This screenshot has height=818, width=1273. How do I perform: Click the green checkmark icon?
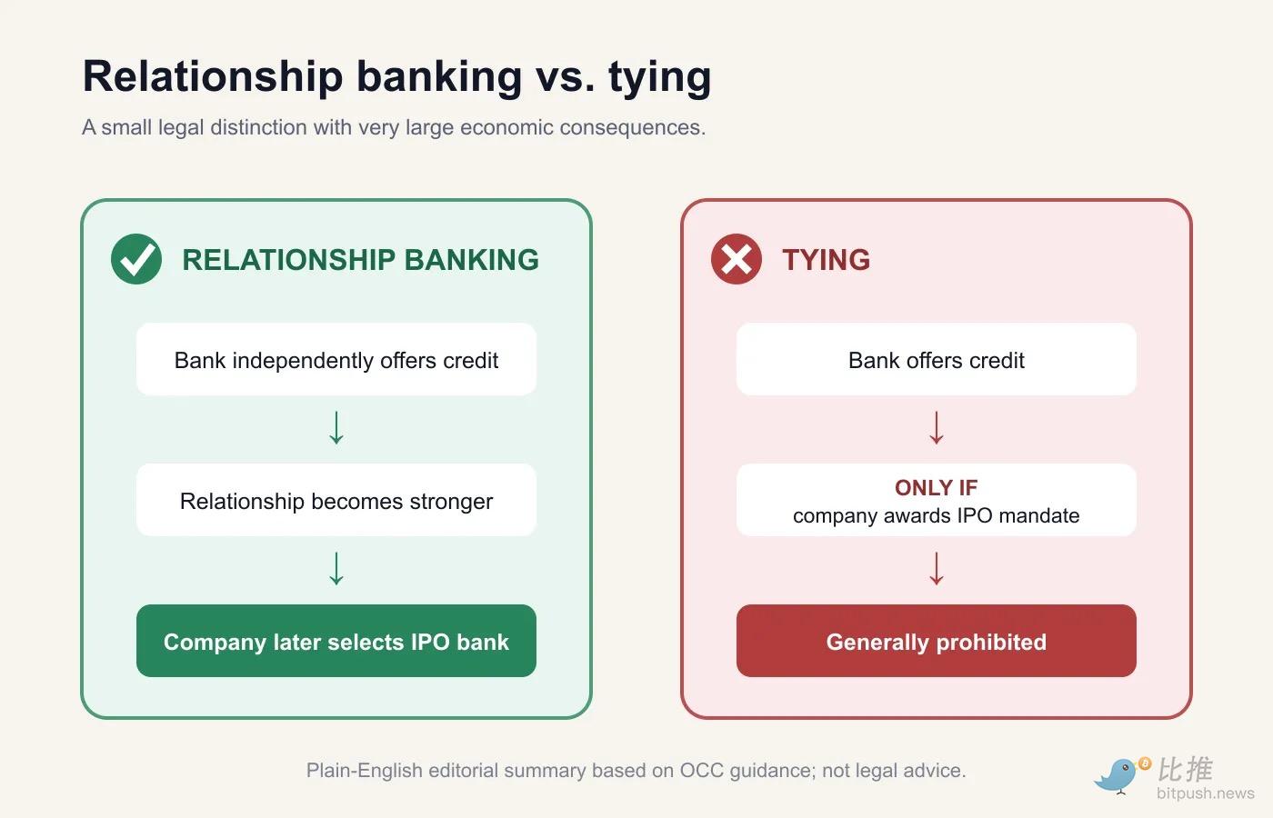136,259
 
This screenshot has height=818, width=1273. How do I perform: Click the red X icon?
737,259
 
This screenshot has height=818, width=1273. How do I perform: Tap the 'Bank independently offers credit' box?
336,360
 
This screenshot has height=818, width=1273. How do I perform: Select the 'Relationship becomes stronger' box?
336,500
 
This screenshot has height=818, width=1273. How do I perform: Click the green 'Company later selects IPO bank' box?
336,641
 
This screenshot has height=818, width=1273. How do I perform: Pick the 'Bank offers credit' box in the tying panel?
937,360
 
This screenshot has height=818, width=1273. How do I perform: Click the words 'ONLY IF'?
937,487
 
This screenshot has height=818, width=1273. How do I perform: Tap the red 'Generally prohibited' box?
937,641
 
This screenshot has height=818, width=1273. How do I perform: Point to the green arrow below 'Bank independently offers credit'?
336,427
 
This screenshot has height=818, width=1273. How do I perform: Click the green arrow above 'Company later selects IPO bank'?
336,569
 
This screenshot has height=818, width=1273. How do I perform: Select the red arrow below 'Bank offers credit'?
937,427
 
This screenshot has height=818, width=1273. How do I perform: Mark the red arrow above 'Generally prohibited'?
937,569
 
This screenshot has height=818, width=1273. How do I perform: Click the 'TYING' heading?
827,260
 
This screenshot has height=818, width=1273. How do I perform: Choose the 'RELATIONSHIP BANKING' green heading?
360,260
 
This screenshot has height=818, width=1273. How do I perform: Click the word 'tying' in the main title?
660,77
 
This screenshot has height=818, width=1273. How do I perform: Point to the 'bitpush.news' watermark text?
1206,793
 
